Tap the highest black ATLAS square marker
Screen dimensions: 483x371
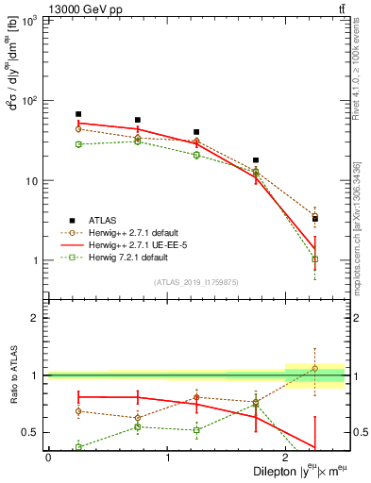click(78, 114)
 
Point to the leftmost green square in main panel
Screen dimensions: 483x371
click(78, 144)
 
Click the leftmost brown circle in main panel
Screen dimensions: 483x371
click(78, 128)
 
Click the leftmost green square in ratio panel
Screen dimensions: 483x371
click(78, 448)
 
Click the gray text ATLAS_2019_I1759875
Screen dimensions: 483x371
click(195, 282)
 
